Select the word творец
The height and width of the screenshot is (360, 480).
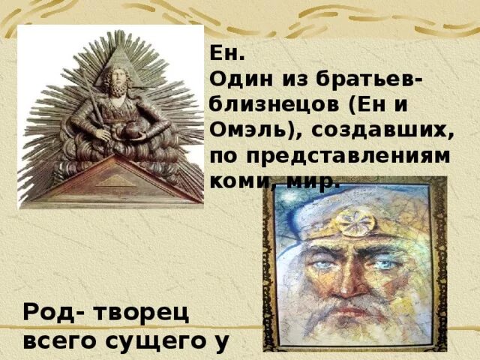click(142, 313)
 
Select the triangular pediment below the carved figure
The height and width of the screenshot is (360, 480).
click(110, 180)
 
